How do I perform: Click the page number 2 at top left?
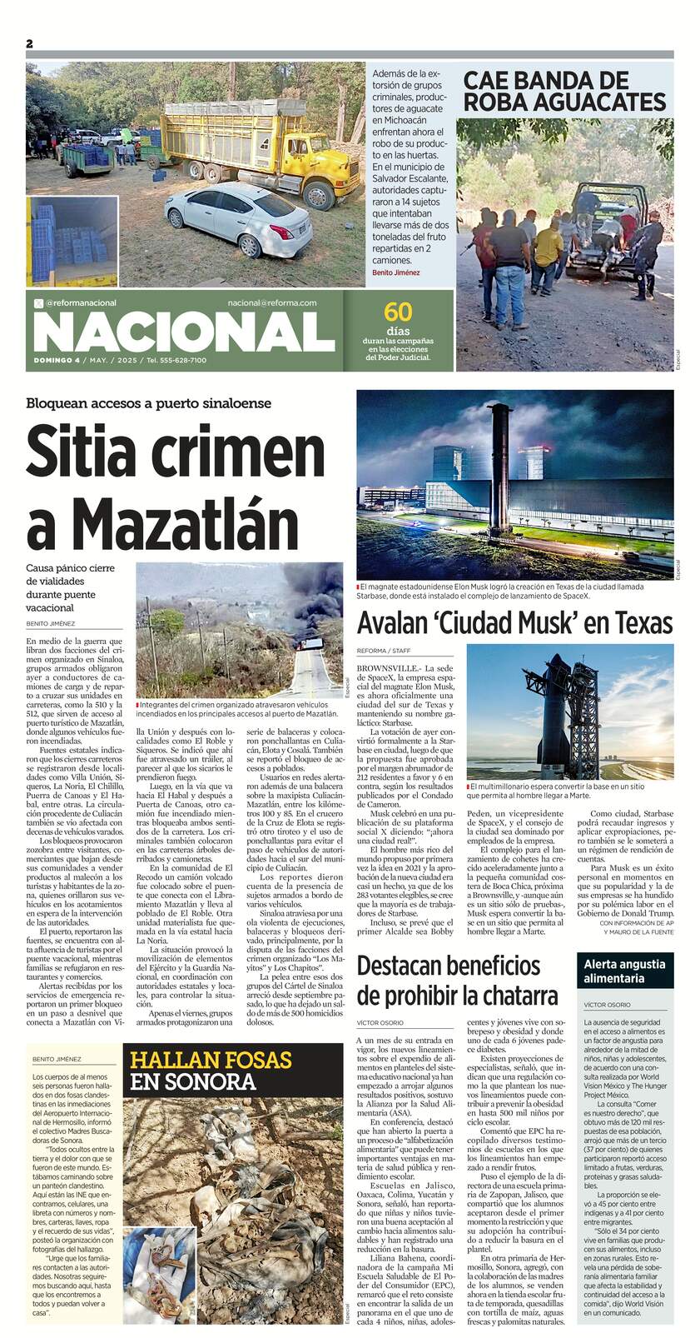tap(29, 43)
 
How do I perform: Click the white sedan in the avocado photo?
tap(240, 220)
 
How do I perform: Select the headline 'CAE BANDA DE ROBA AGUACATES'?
tap(564, 92)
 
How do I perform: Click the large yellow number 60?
tap(398, 312)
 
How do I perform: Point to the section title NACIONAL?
tap(184, 332)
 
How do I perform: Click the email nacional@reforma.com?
tap(272, 302)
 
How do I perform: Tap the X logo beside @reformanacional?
tap(38, 303)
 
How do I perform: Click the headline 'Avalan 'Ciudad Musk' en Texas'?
tap(514, 622)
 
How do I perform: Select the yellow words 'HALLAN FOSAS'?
tap(211, 1060)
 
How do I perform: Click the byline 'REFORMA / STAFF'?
tap(388, 650)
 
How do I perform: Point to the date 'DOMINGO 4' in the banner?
tap(57, 360)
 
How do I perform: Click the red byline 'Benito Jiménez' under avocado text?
tap(396, 272)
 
